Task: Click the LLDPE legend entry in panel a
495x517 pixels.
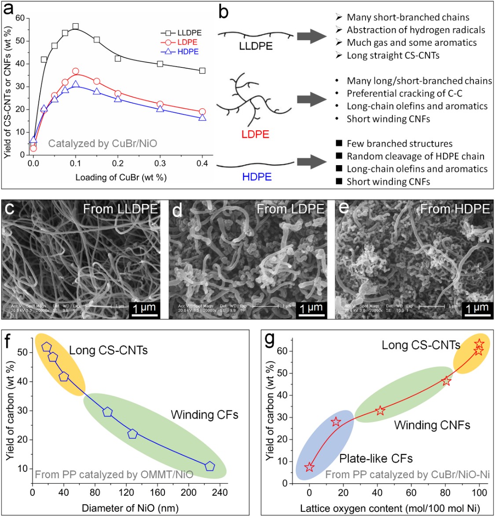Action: click(189, 33)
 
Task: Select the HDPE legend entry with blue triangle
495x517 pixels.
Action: click(188, 52)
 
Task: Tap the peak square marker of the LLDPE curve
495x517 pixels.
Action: click(75, 26)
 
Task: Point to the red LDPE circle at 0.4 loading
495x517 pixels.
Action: click(202, 112)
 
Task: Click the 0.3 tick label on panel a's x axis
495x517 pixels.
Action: click(160, 163)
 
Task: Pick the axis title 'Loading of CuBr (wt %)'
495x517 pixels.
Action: click(121, 177)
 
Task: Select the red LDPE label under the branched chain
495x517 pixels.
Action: click(255, 134)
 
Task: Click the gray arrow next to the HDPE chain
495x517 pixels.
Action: click(313, 162)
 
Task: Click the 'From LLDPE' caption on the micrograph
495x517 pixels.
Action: click(120, 209)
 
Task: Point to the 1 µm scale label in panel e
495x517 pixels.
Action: click(477, 308)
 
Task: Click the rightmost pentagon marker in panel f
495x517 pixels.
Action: click(210, 466)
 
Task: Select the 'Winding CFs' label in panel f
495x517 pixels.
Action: click(204, 414)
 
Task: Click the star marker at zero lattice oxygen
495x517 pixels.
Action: click(309, 467)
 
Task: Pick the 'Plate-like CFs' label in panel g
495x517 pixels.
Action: click(376, 458)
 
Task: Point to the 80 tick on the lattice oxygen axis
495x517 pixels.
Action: click(445, 492)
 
